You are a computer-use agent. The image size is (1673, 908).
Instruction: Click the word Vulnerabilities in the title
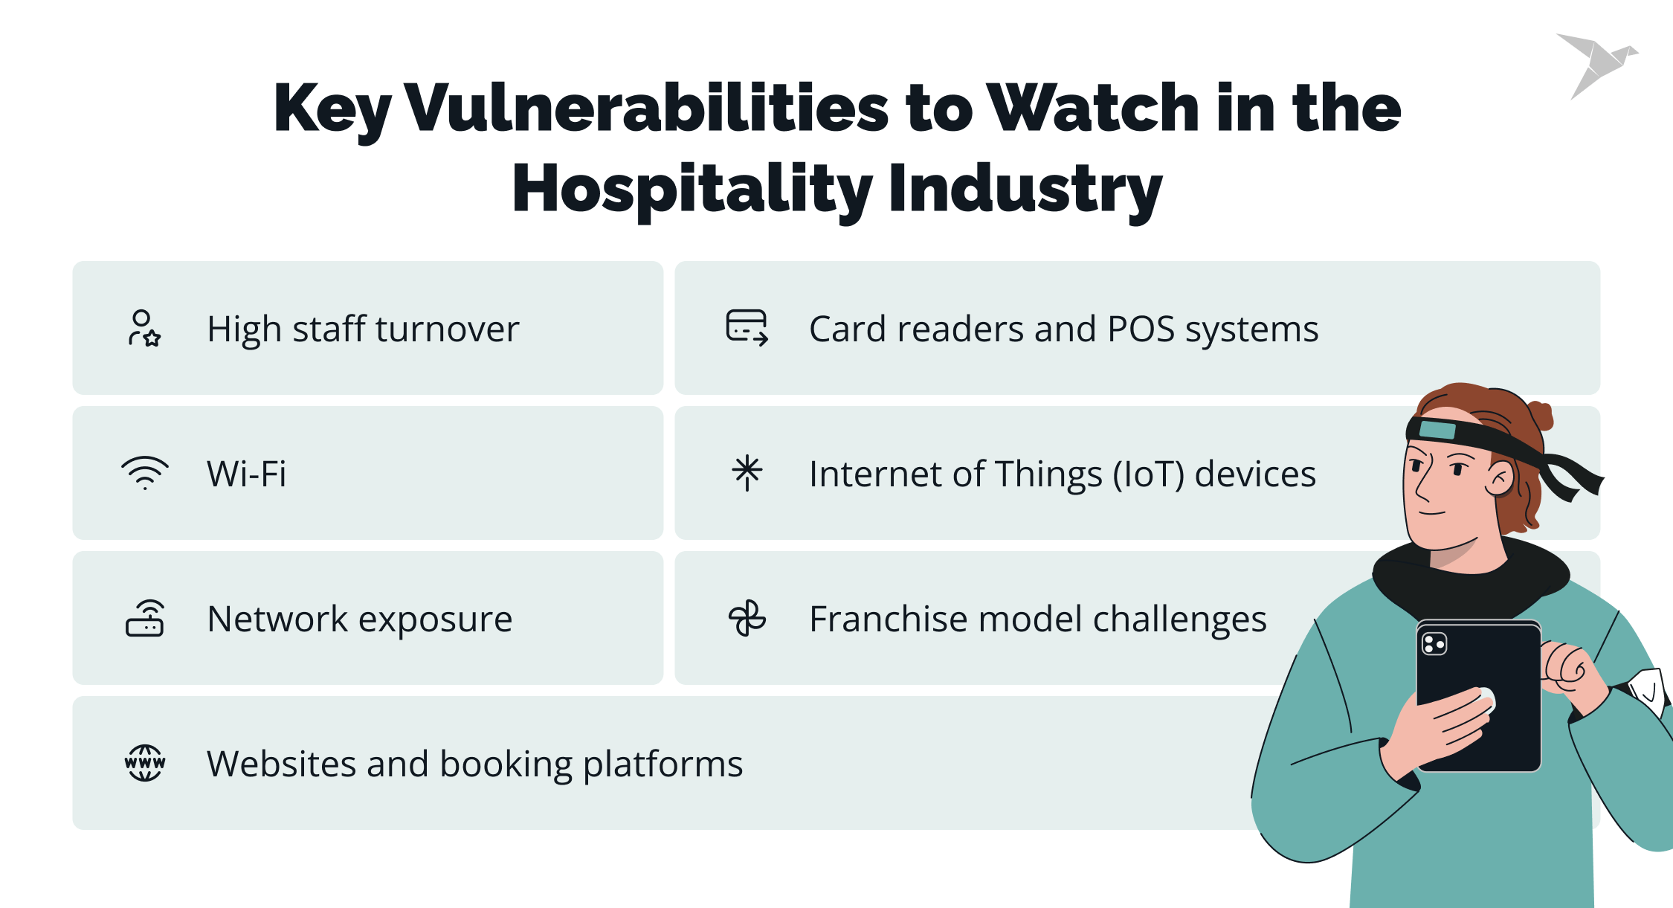tap(646, 109)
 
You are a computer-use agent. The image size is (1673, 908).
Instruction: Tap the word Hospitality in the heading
tap(692, 189)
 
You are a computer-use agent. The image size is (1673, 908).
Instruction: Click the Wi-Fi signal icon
tap(145, 473)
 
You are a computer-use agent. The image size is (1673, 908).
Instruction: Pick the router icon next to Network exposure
tap(145, 619)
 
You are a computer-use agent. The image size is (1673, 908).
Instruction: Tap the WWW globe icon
tap(145, 763)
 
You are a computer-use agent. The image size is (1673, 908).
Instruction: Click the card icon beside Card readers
tap(747, 328)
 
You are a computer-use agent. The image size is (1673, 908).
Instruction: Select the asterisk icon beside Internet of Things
tap(747, 473)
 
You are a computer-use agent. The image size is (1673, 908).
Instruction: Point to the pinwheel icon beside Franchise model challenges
tap(747, 619)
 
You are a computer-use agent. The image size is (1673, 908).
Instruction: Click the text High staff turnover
tap(363, 329)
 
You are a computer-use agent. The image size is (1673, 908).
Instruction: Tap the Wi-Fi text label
tap(246, 474)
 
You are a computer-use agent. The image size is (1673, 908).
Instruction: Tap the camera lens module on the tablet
tap(1434, 643)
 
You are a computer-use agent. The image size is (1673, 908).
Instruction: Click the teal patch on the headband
tap(1437, 430)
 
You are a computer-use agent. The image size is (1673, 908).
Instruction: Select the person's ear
tap(1500, 479)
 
